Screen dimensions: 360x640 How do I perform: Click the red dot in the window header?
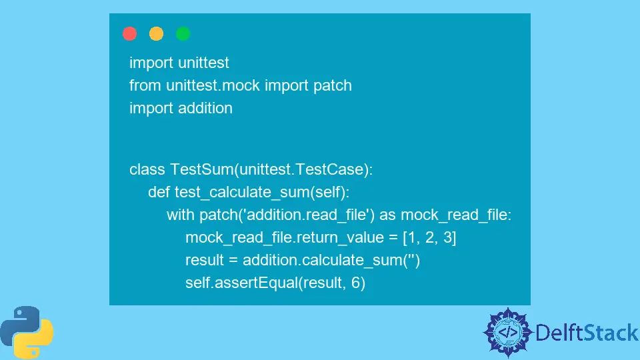coord(130,33)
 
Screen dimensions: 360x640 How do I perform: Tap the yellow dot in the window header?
coord(156,33)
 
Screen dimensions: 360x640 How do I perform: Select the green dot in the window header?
coord(183,33)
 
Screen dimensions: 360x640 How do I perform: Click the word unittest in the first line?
coord(203,63)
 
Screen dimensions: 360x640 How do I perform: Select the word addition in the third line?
coord(205,108)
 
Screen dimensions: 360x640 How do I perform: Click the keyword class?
coord(146,169)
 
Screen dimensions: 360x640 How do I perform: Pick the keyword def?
coord(159,192)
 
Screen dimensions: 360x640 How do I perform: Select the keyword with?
coord(181,215)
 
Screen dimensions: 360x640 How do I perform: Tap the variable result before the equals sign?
coord(206,260)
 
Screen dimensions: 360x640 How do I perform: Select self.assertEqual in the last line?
coord(241,283)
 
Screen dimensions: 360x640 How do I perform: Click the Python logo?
coord(27,332)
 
